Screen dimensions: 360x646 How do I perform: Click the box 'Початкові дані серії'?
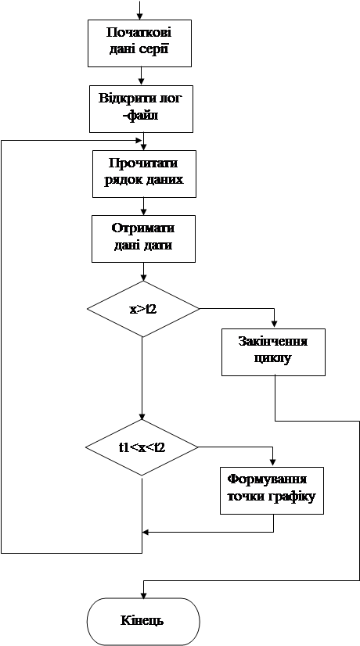coord(140,43)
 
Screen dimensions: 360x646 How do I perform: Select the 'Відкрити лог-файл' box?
coord(142,109)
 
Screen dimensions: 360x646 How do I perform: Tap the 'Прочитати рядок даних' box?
coord(144,174)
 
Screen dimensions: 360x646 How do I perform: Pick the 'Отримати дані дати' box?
coord(143,239)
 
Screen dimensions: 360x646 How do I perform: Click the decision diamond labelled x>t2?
coord(142,309)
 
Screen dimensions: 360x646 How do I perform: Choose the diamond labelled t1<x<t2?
coord(142,447)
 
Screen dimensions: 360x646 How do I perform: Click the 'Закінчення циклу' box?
coord(273,352)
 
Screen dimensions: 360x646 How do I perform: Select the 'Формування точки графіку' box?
coord(272,490)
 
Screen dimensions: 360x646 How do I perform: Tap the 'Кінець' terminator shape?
coord(143,621)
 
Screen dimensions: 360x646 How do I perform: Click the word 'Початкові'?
coord(140,33)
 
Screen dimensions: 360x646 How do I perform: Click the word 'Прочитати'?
coord(143,163)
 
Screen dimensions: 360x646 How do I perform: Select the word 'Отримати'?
coord(143,229)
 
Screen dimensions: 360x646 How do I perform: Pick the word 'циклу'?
coord(273,358)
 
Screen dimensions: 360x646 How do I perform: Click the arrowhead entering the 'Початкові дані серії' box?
coord(140,16)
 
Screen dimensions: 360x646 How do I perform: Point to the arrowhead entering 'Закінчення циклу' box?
coord(273,325)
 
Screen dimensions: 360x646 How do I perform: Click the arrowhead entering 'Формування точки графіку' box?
coord(272,463)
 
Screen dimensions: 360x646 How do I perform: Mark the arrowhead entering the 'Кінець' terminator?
coord(143,594)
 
